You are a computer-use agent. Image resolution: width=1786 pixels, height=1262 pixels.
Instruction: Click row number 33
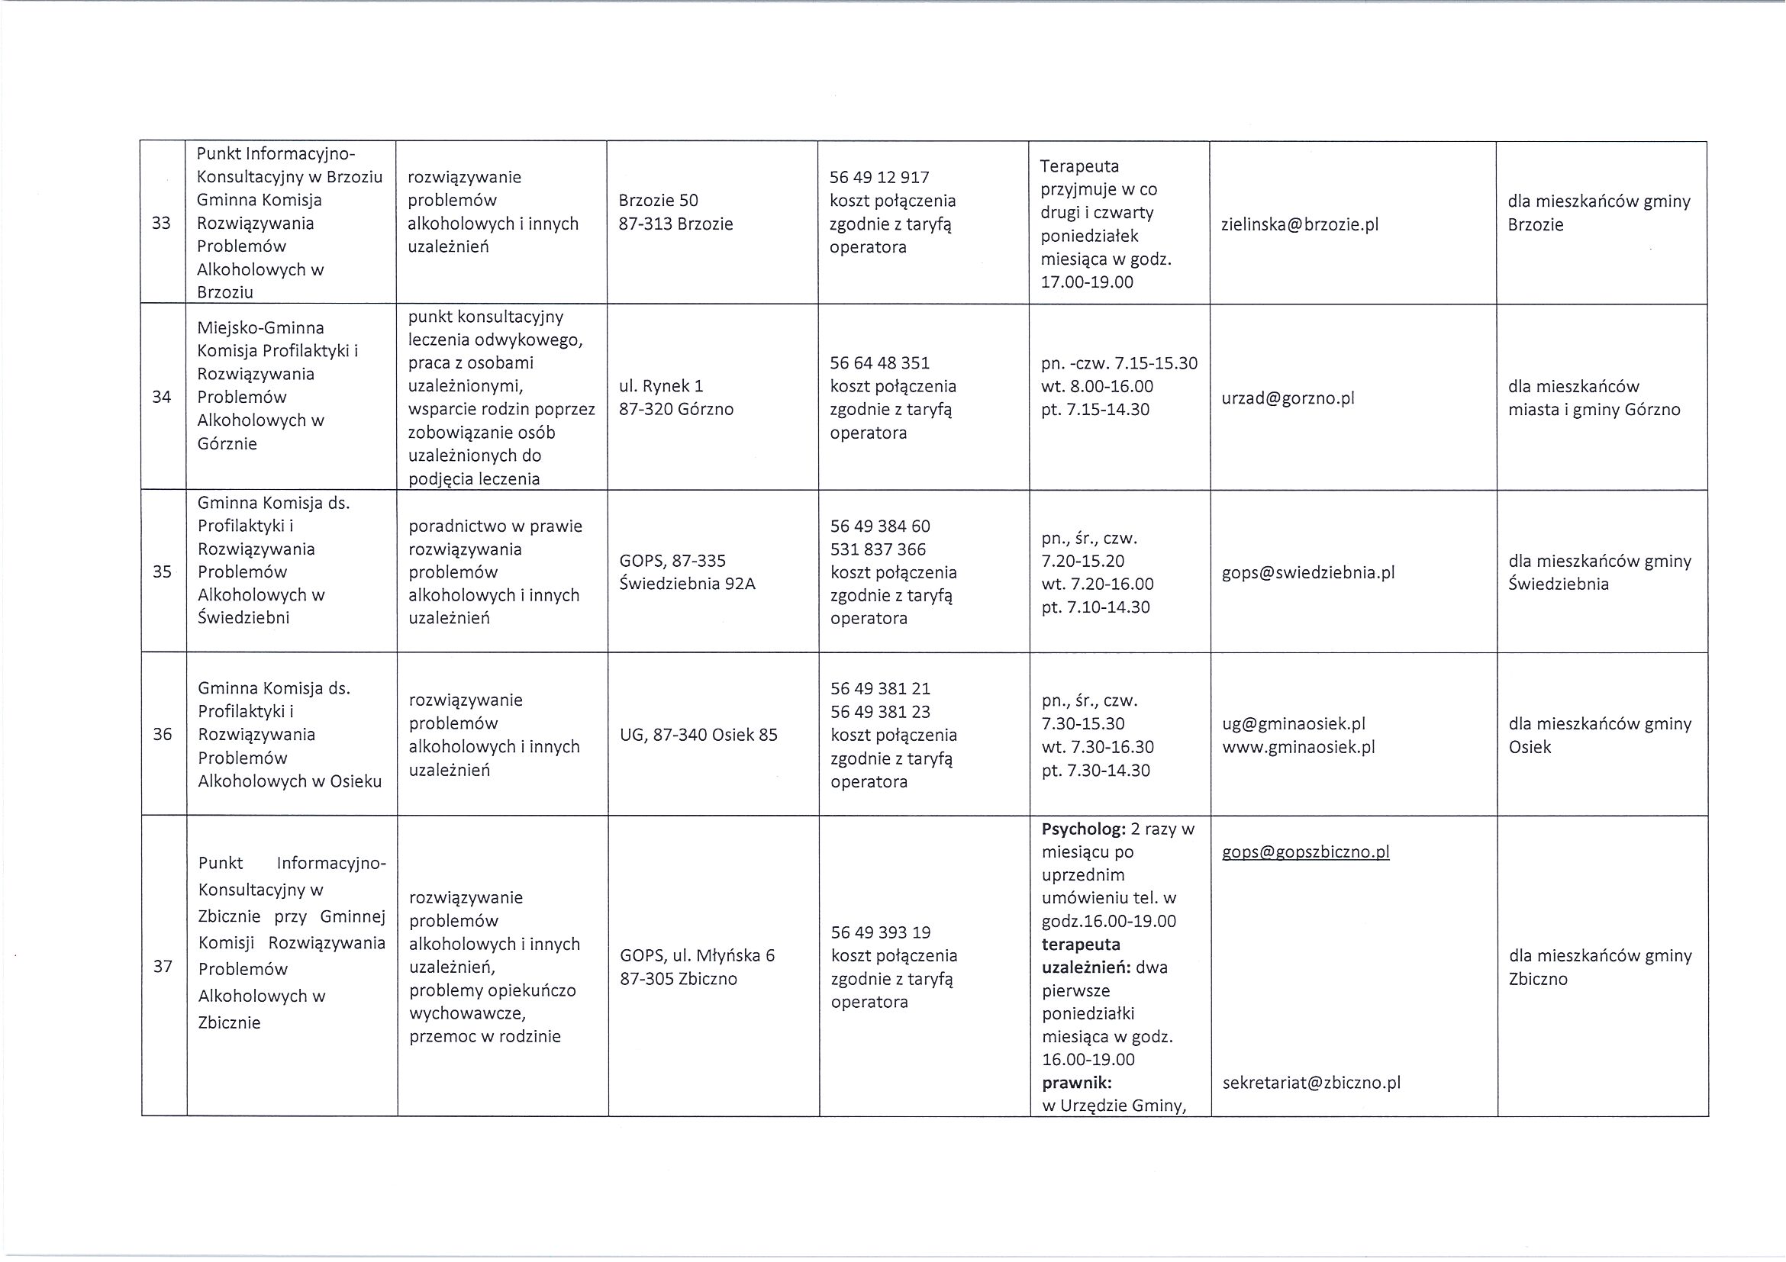click(161, 223)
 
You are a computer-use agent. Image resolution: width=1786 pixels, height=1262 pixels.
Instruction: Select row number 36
click(162, 734)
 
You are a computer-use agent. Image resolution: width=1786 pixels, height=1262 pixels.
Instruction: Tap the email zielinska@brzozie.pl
click(1300, 225)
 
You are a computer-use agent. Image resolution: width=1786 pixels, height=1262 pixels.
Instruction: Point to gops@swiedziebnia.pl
click(1308, 572)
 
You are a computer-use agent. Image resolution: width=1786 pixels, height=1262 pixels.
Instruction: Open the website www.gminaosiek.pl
click(1298, 747)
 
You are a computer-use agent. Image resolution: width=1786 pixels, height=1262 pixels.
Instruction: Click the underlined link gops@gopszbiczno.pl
click(1305, 852)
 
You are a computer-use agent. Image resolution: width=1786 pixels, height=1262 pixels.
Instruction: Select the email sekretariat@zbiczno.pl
click(1311, 1083)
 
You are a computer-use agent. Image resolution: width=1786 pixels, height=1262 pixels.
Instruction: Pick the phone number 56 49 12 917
click(879, 177)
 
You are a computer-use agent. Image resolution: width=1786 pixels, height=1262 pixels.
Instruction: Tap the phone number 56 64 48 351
click(879, 363)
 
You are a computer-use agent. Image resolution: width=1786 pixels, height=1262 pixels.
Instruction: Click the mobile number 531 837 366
click(878, 549)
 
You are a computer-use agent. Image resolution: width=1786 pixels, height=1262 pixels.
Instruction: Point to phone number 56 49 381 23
click(880, 711)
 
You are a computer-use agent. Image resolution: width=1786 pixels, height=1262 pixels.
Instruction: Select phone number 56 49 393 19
click(881, 932)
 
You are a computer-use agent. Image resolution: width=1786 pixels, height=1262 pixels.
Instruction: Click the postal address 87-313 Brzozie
click(675, 224)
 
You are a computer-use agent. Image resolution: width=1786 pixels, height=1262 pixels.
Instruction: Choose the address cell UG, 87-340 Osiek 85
click(698, 735)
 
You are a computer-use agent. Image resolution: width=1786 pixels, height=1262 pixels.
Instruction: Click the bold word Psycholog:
click(1082, 829)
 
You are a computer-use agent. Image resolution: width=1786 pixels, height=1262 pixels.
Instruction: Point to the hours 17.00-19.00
click(1087, 282)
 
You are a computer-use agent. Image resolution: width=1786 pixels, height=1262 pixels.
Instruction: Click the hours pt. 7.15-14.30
click(1095, 409)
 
